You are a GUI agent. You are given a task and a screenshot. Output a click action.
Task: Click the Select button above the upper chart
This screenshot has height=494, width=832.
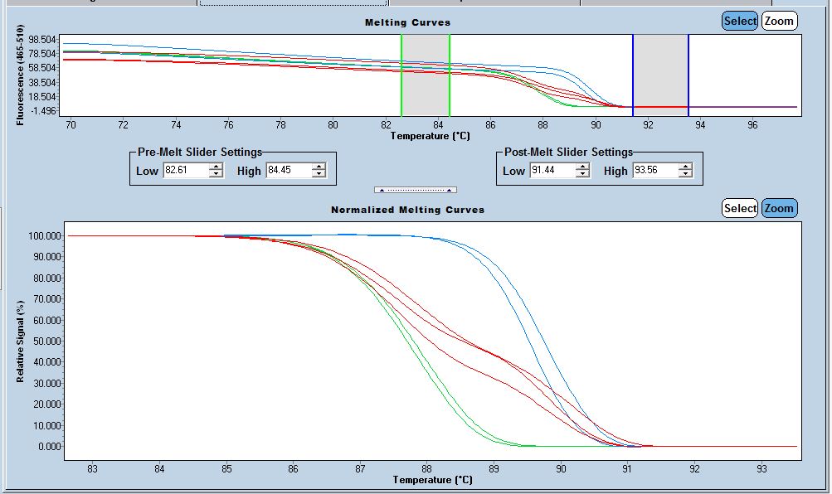(x=740, y=21)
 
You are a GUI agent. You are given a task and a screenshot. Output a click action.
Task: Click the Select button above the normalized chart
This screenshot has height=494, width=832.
(x=739, y=208)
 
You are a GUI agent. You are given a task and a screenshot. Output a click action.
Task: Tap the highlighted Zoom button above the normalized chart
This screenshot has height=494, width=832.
(x=779, y=208)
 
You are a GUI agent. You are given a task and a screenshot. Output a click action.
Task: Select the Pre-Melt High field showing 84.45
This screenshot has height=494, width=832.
(x=288, y=170)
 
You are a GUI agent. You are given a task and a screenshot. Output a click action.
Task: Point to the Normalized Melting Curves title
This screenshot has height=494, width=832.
(x=407, y=210)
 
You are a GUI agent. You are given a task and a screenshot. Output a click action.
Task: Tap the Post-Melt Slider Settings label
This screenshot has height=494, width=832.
(x=568, y=152)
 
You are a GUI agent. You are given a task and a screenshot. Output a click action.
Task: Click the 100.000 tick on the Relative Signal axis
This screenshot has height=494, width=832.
(x=43, y=236)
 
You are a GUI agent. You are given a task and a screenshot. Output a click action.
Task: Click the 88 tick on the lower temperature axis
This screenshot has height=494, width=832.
(x=426, y=468)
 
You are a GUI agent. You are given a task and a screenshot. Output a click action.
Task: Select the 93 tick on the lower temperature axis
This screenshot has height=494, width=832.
(x=761, y=468)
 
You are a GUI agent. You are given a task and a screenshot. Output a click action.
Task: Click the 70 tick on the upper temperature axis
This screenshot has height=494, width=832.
(x=71, y=124)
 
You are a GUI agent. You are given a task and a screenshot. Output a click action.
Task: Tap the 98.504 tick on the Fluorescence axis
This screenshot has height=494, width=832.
(x=42, y=40)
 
